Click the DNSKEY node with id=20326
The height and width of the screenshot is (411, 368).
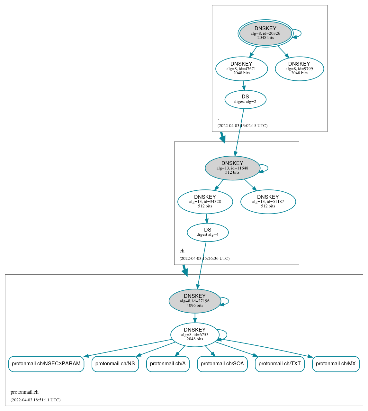tap(265, 33)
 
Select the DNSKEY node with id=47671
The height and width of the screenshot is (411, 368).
tap(241, 68)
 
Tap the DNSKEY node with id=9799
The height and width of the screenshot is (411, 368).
tap(299, 68)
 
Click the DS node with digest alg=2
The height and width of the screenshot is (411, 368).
tap(245, 99)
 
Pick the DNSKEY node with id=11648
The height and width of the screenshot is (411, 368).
tap(232, 168)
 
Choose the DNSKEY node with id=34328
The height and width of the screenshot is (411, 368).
tap(205, 202)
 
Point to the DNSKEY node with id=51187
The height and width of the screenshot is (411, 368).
tap(268, 202)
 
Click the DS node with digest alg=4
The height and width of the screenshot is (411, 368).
tap(208, 232)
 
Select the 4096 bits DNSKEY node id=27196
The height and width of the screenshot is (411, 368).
tap(195, 301)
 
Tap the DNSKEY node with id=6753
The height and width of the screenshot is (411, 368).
tap(195, 335)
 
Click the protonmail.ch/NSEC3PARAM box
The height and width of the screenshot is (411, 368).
tap(46, 364)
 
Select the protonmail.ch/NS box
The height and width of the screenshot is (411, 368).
tap(115, 364)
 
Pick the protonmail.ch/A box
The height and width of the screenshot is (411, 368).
tap(168, 364)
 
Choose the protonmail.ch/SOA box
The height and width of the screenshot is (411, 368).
tap(222, 364)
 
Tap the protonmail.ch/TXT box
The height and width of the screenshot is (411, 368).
tap(280, 364)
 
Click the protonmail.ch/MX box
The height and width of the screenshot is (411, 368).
tap(336, 364)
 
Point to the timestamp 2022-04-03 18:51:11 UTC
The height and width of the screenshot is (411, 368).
tap(35, 400)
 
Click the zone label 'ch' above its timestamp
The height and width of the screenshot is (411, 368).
tap(182, 251)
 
